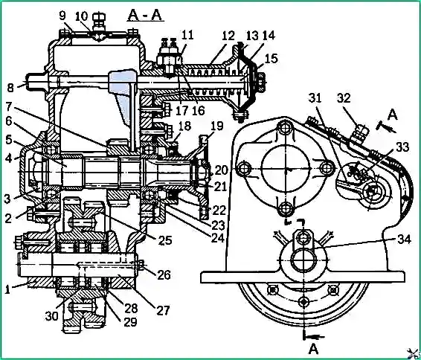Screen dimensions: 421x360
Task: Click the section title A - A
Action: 145,15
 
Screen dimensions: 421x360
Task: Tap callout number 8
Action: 10,88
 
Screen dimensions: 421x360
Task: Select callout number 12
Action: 228,36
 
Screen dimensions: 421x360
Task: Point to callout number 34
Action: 404,239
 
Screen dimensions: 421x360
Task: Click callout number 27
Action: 163,310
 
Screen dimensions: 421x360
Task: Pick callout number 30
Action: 52,316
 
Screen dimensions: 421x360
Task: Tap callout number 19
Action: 216,126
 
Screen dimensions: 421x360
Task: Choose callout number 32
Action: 344,98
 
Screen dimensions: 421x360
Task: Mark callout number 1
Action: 7,289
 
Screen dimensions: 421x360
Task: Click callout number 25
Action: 165,240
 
